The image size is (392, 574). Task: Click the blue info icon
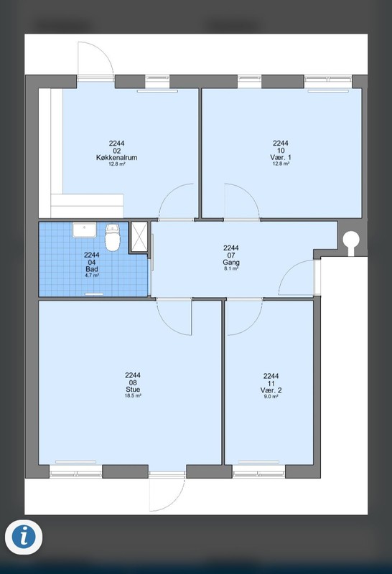tap(24, 537)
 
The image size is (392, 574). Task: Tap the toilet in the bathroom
tap(113, 237)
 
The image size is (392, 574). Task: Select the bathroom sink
tap(84, 230)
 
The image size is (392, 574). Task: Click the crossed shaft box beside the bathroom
tap(139, 237)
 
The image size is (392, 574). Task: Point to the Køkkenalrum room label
tap(116, 158)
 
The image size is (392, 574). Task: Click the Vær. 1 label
tap(281, 157)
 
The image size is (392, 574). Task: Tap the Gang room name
tap(231, 263)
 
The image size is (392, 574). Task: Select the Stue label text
tap(133, 390)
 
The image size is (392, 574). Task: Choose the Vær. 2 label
tap(271, 390)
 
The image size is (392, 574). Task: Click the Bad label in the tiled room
tap(92, 269)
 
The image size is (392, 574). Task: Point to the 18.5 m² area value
tap(133, 396)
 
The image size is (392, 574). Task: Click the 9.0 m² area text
tap(271, 397)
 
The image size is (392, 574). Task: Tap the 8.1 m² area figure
tap(231, 268)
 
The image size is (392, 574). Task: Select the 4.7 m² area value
tap(92, 275)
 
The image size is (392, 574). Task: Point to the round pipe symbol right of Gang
tap(351, 241)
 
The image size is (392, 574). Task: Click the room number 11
tap(271, 384)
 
